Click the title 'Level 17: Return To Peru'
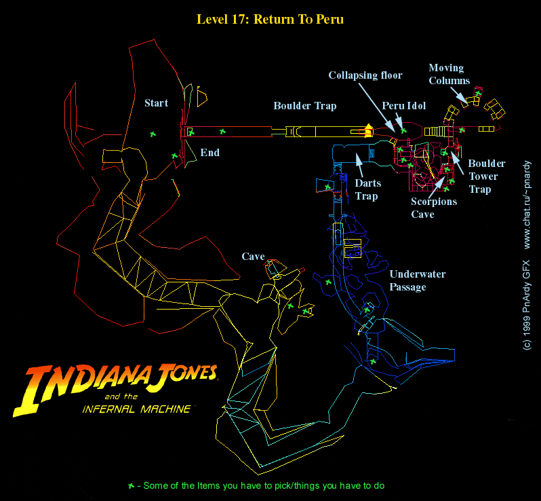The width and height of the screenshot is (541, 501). tap(270, 19)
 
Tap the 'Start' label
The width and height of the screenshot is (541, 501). tap(156, 103)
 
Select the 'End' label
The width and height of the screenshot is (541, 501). tap(209, 152)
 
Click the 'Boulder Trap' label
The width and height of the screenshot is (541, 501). tap(304, 106)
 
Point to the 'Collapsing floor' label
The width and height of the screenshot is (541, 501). tap(365, 75)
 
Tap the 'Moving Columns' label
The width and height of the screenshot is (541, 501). tap(448, 74)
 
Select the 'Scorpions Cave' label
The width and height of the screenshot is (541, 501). tap(434, 208)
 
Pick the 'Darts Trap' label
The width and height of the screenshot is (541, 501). tap(367, 189)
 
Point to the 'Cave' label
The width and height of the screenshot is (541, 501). tap(253, 257)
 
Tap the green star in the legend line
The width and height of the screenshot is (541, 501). tap(131, 485)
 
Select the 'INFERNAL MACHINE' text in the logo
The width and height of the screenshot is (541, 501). tap(135, 409)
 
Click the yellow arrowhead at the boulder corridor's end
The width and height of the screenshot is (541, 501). tap(369, 127)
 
